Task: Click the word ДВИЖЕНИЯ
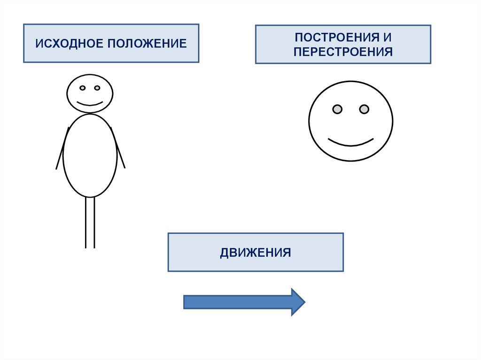pyautogui.click(x=256, y=253)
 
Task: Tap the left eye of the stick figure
pyautogui.click(x=82, y=88)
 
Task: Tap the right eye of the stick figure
pyautogui.click(x=97, y=88)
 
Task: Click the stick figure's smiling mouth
pyautogui.click(x=90, y=103)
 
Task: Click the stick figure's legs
pyautogui.click(x=90, y=223)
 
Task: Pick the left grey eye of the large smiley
pyautogui.click(x=337, y=109)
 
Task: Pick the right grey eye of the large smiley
pyautogui.click(x=364, y=109)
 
